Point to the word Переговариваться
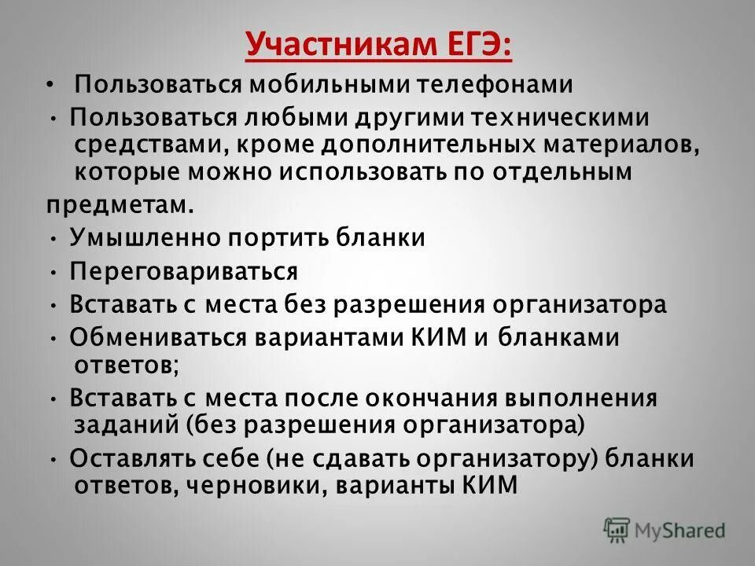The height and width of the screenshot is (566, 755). [183, 271]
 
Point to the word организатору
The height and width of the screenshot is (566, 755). [476, 458]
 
